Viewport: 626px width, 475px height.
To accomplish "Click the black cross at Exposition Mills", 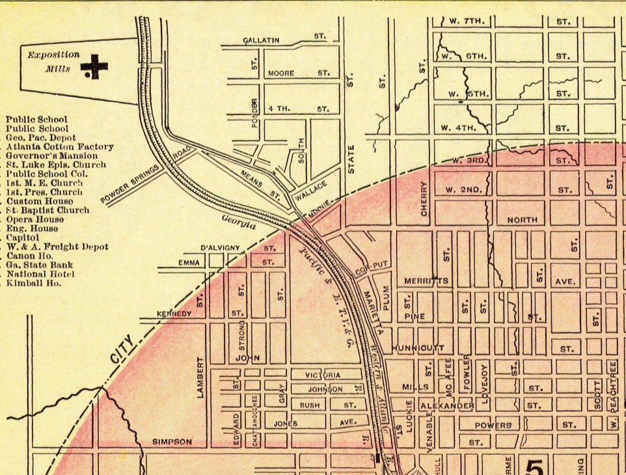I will (x=94, y=66).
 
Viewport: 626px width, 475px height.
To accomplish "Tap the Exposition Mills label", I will (x=53, y=62).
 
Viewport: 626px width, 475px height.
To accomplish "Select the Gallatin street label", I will (x=261, y=40).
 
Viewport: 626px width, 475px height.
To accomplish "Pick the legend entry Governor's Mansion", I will (x=52, y=156).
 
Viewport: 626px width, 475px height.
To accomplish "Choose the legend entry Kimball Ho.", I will (x=33, y=284).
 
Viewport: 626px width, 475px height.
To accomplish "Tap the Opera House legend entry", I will (x=36, y=220).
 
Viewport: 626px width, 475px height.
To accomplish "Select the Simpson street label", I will (x=172, y=442).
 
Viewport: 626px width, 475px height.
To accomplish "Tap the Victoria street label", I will (x=323, y=375).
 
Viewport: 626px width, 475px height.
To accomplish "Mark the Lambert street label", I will (x=201, y=377).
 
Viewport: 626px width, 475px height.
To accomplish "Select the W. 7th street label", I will (x=467, y=21).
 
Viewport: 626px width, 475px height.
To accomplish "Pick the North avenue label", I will (x=522, y=220).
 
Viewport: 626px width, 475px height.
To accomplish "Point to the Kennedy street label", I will (x=174, y=314).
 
